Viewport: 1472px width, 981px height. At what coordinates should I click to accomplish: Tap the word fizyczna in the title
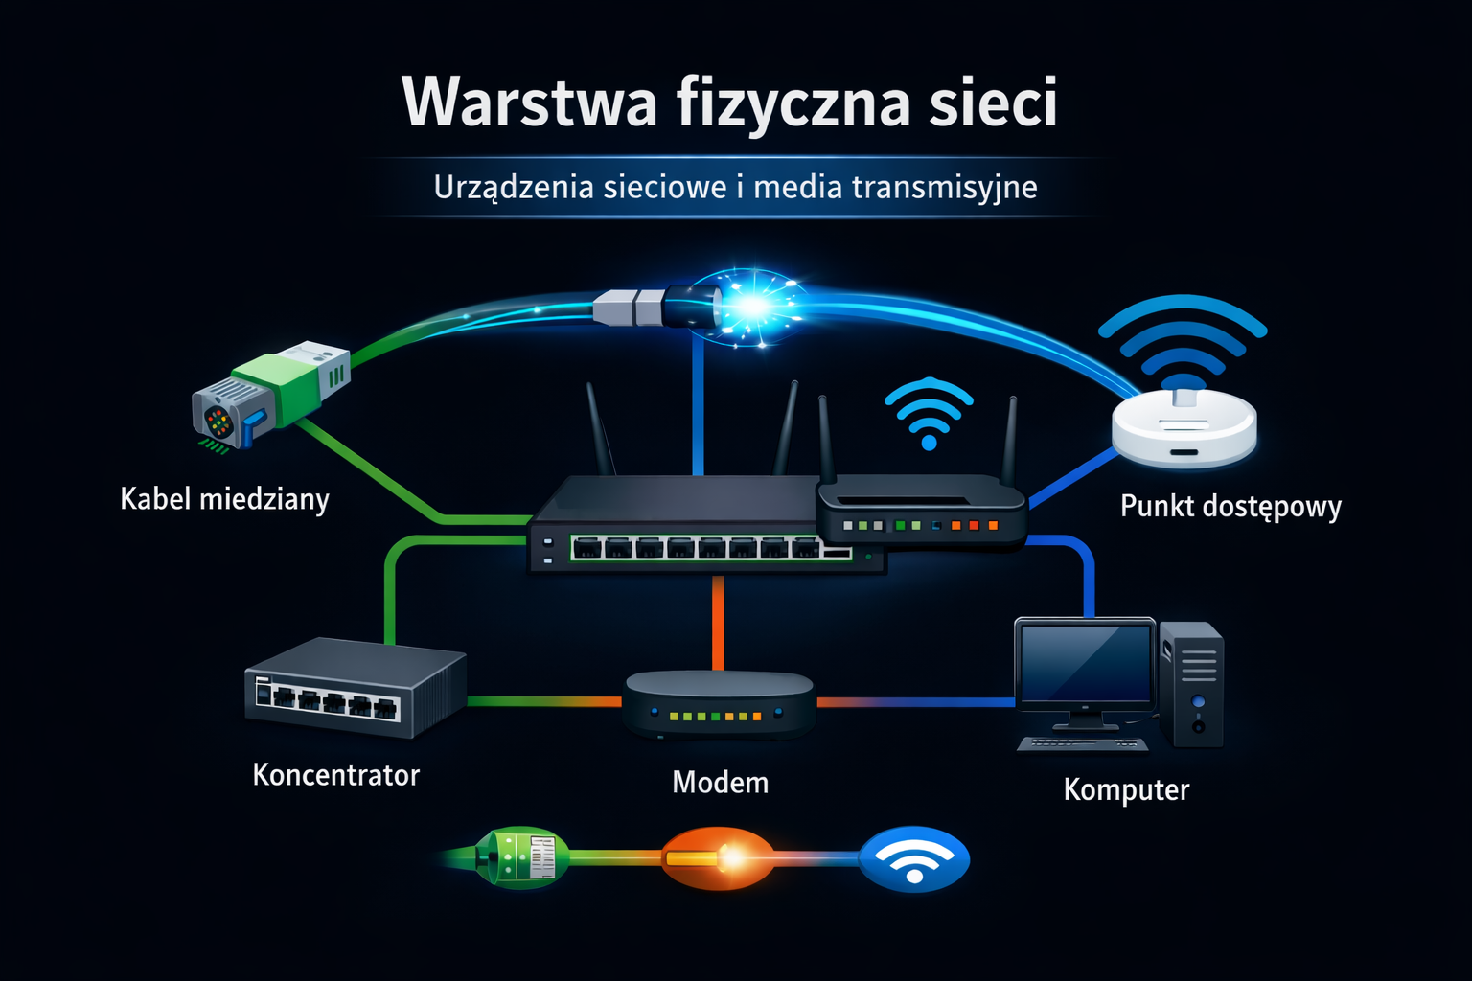pos(793,102)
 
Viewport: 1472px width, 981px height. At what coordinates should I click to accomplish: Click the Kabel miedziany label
pos(224,499)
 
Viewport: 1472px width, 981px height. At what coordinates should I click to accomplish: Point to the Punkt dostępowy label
pos(1230,506)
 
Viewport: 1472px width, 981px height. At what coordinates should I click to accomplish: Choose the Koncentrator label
pos(335,775)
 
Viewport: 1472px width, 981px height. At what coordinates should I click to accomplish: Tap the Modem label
pos(720,783)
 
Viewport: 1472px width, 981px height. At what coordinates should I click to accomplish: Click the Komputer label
pos(1126,789)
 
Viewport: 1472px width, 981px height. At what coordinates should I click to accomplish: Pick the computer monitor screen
pos(1085,664)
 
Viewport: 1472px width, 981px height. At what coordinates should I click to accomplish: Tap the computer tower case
pos(1191,684)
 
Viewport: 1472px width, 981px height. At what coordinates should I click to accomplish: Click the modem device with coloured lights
pos(719,704)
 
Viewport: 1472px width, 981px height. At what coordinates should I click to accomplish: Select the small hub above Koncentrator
pos(355,688)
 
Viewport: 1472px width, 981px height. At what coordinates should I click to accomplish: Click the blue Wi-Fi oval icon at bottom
pos(914,859)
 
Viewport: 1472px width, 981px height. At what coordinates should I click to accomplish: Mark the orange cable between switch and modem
pos(718,623)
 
